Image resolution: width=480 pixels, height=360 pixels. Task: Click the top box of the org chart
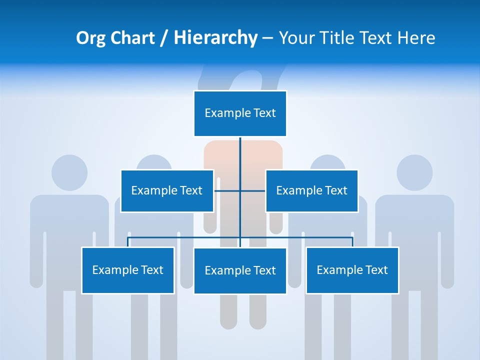click(240, 113)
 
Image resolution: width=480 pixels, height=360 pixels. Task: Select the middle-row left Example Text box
click(167, 190)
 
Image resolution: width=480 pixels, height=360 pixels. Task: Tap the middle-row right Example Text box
click(311, 190)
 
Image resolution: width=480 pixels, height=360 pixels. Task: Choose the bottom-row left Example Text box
click(128, 270)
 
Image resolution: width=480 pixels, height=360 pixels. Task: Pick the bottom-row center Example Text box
click(240, 270)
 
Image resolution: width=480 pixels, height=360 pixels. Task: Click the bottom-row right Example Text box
click(352, 270)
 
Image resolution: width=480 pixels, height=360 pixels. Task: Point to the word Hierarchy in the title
click(215, 38)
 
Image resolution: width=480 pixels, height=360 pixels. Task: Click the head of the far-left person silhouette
click(69, 172)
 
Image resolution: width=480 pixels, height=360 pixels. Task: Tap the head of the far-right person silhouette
click(414, 172)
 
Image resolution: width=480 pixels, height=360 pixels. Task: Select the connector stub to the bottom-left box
click(128, 242)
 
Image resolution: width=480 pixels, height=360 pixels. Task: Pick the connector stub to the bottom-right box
click(352, 242)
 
